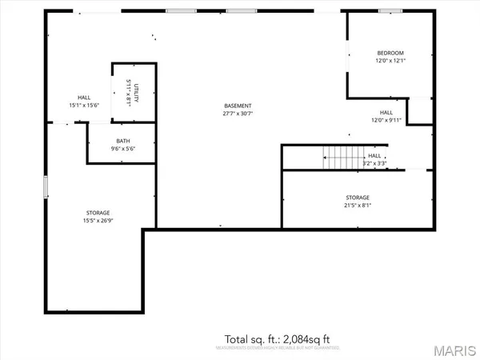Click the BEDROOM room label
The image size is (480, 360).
[390, 53]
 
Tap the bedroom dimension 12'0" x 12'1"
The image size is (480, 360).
[390, 61]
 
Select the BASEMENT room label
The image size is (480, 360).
[238, 106]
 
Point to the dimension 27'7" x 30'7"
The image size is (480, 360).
[238, 114]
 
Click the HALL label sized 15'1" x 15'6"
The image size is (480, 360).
[84, 96]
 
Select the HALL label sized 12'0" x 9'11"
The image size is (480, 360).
[386, 113]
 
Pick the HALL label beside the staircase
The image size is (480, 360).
[374, 156]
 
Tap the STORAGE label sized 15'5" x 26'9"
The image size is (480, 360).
[98, 212]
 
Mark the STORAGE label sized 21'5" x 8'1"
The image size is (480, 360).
[358, 197]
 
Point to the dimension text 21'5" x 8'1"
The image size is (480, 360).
[358, 205]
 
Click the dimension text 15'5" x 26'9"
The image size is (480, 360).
[98, 220]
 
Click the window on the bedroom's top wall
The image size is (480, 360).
[390, 11]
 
